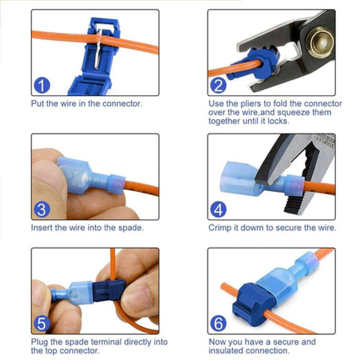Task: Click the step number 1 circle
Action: click(x=41, y=86)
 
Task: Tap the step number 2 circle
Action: click(x=218, y=86)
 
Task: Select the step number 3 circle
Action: click(x=41, y=210)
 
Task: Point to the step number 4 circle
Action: click(x=218, y=210)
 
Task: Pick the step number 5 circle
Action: click(x=41, y=324)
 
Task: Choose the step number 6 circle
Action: click(x=218, y=324)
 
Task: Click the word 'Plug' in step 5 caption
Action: click(x=40, y=342)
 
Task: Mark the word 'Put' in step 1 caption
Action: click(x=38, y=104)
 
